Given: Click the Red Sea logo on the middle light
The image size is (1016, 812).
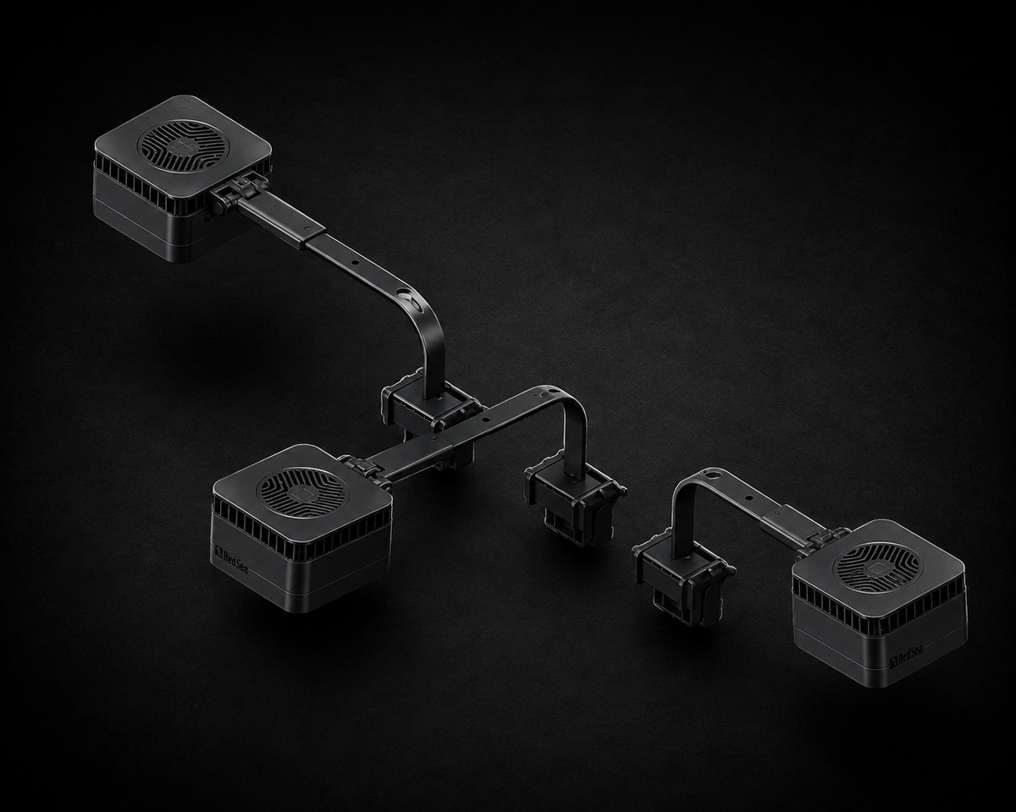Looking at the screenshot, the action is point(232,562).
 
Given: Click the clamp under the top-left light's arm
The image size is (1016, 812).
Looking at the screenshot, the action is point(429,415).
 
